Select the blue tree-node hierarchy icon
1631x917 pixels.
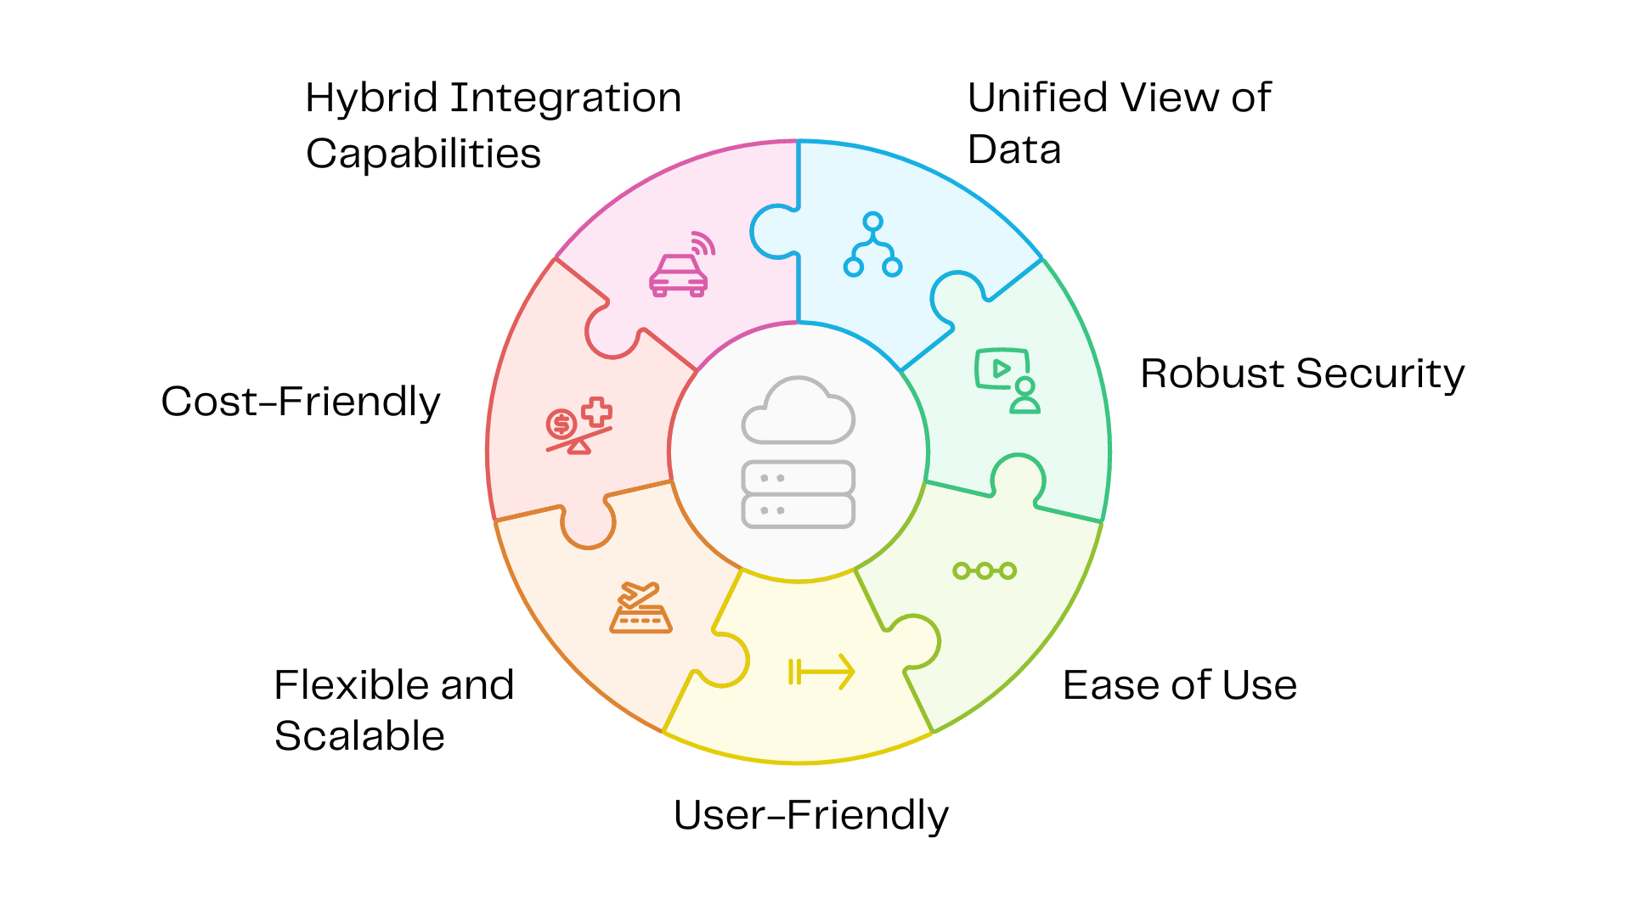click(872, 246)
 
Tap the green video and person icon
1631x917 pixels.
click(1007, 380)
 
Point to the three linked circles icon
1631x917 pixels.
click(985, 571)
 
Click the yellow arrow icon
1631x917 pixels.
click(821, 672)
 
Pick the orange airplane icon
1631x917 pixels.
click(641, 608)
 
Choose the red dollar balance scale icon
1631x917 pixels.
click(578, 426)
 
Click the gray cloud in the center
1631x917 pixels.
click(798, 412)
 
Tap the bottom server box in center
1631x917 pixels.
click(798, 511)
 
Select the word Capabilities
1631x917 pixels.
click(423, 155)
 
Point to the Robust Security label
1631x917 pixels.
click(1301, 374)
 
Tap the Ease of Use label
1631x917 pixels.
click(1179, 685)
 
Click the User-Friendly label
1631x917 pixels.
click(810, 815)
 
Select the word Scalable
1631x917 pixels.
click(359, 736)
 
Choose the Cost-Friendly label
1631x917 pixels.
click(301, 402)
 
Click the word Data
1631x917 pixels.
click(1014, 150)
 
